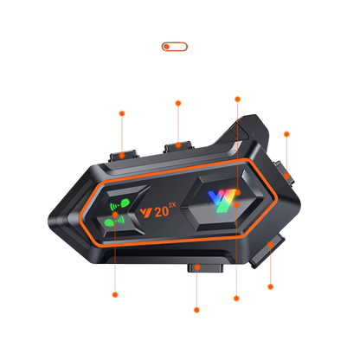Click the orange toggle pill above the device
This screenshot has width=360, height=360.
coord(175,47)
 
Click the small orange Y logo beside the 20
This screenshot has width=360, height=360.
coord(146,213)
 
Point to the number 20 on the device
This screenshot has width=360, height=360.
coord(162,211)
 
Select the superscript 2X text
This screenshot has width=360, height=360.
coord(172,205)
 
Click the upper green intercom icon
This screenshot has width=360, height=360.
coord(119,204)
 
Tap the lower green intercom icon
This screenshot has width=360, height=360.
coord(114,221)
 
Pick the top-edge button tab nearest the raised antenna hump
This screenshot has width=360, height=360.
coord(178,146)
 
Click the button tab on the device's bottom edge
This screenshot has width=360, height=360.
coord(205,267)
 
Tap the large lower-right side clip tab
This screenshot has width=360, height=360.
coord(267,251)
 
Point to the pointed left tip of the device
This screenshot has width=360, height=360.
coord(49,222)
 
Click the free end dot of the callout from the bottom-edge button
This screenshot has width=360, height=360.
coord(196,310)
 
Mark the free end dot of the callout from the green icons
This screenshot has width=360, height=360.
coord(115,295)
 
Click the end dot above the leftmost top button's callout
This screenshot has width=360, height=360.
coord(122,113)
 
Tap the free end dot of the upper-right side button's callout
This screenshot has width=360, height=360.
coord(286,134)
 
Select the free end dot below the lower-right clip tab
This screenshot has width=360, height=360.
coord(270,286)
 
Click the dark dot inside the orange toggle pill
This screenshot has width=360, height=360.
coord(167,47)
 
